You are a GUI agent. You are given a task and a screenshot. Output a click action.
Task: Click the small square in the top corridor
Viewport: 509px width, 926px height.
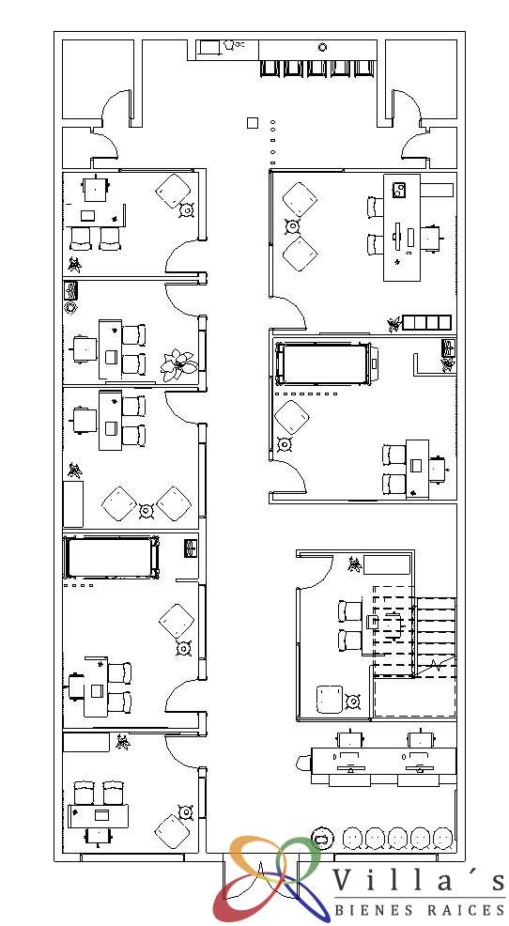[252, 123]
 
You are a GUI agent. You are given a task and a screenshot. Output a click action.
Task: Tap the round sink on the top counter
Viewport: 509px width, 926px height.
[322, 47]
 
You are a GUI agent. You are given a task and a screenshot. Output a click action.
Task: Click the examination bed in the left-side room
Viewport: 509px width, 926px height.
[112, 557]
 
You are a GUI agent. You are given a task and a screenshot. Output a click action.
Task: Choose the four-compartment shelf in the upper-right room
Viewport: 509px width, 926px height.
[427, 322]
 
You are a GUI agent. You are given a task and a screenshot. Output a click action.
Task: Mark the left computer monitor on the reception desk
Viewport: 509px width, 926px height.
[349, 766]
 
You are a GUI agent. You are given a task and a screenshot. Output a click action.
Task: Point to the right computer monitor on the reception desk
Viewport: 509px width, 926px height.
[419, 766]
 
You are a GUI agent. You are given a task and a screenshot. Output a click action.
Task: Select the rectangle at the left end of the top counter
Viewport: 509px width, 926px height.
[208, 48]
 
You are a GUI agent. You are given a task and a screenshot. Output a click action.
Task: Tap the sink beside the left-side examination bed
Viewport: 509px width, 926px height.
[190, 548]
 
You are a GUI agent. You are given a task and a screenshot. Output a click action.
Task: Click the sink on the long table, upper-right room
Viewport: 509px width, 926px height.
[400, 190]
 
